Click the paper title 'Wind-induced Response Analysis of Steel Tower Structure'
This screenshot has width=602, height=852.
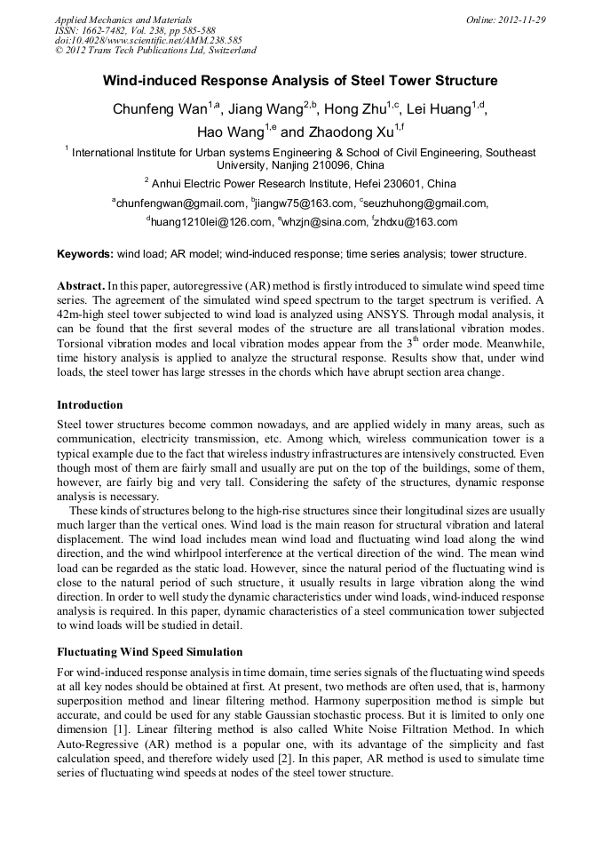click(300, 81)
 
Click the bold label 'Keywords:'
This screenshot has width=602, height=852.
click(85, 253)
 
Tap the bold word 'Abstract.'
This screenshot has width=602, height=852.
click(81, 286)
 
